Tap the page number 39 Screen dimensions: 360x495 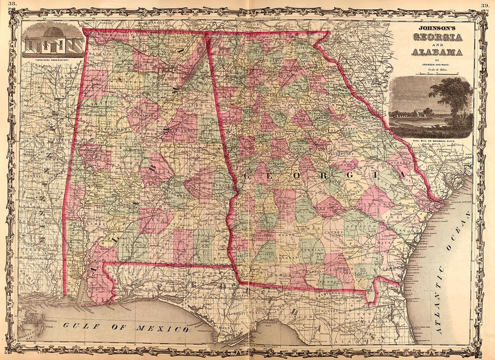(x=485, y=5)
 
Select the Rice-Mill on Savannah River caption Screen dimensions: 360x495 (x=432, y=141)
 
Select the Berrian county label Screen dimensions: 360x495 (x=312, y=250)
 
